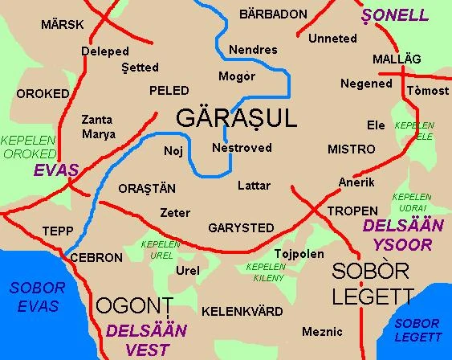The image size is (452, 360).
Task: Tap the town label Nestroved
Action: click(242, 148)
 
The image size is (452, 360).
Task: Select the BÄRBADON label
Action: click(273, 14)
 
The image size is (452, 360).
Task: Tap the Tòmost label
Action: click(428, 91)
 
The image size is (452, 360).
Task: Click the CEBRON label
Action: click(96, 258)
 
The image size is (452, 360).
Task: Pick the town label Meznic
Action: click(322, 331)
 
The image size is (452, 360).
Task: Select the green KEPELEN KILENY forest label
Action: click(266, 271)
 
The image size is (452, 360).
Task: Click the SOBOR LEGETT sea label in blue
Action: click(417, 329)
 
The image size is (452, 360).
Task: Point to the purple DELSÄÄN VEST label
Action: click(146, 340)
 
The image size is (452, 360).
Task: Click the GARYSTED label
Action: click(241, 227)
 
